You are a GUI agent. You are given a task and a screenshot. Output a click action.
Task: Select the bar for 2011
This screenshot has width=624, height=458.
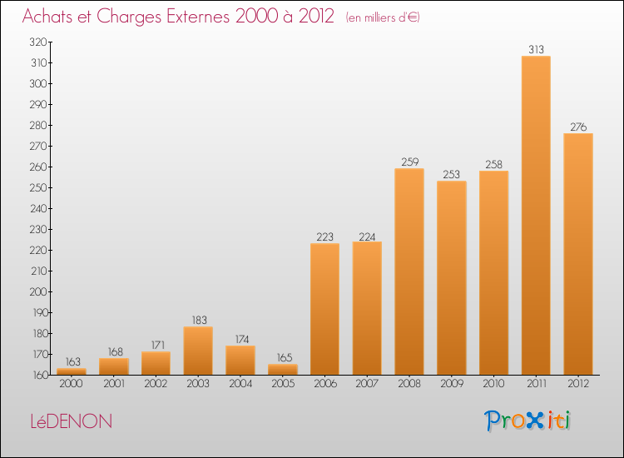[x=536, y=215]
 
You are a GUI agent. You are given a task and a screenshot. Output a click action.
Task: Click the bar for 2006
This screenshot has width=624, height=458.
[x=324, y=309]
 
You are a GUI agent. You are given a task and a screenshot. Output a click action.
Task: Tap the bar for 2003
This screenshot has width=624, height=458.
[x=198, y=351]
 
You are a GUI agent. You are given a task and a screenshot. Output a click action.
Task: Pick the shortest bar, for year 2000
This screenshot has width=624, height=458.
[x=72, y=371]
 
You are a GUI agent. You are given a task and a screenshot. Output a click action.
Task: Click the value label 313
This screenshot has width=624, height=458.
[x=536, y=49]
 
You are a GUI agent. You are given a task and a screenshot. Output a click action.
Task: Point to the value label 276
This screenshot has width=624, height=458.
[x=578, y=127]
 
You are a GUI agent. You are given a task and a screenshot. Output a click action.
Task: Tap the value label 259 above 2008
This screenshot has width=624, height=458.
[x=410, y=162]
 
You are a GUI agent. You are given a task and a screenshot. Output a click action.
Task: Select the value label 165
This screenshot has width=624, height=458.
[x=285, y=357]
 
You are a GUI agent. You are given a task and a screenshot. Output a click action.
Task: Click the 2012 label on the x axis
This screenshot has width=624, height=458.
[x=578, y=384]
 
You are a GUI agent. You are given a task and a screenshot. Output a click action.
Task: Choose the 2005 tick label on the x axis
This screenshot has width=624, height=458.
[x=283, y=384]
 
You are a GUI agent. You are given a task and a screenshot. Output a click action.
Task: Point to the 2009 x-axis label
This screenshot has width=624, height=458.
[x=452, y=384]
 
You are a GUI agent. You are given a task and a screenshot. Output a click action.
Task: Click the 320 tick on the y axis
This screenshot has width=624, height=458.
[x=38, y=42]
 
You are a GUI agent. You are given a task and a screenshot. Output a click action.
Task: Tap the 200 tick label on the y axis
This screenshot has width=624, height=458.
[x=38, y=291]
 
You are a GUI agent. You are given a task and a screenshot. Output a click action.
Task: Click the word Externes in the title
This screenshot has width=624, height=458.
[x=198, y=17]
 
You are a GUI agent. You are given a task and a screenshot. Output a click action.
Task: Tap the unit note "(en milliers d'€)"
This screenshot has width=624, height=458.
[x=383, y=17]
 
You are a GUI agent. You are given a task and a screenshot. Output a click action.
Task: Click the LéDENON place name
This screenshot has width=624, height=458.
[x=72, y=421]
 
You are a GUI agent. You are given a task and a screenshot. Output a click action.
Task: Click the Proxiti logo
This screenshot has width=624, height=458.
[x=527, y=421]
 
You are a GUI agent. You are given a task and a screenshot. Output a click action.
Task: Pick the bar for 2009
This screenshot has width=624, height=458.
[x=452, y=278]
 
